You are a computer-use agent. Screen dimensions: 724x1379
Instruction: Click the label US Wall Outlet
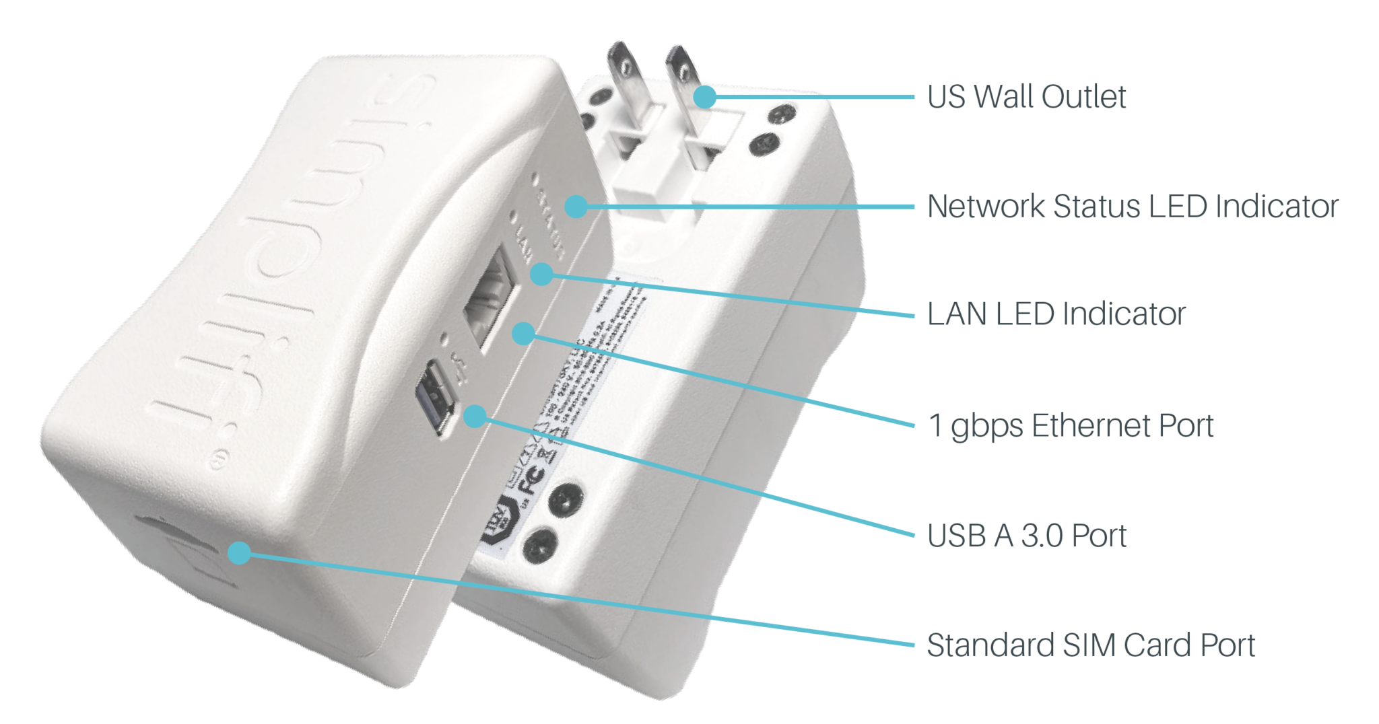point(1025,97)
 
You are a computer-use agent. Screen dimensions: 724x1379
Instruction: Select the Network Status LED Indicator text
point(1133,207)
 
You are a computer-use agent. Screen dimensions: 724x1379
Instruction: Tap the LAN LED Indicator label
point(1056,314)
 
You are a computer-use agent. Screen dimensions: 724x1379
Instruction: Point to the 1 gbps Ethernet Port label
point(1070,426)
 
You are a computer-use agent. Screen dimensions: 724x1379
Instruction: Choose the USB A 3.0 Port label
point(1026,536)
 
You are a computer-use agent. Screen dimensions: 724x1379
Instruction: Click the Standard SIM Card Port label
point(1091,645)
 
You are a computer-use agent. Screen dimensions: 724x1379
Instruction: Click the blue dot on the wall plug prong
point(705,97)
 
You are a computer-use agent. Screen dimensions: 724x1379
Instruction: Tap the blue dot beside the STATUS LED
point(576,206)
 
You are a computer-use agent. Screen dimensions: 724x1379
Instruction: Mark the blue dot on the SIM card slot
point(239,553)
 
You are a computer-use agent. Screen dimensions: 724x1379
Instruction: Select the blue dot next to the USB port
point(475,417)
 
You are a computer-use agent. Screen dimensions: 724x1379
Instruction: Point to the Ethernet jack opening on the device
point(490,299)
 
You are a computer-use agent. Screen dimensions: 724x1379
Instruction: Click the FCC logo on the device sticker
point(531,481)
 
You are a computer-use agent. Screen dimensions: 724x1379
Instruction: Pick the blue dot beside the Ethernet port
point(523,333)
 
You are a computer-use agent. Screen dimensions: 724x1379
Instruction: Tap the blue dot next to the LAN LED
point(541,275)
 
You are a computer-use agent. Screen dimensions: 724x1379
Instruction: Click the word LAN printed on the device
point(524,243)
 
